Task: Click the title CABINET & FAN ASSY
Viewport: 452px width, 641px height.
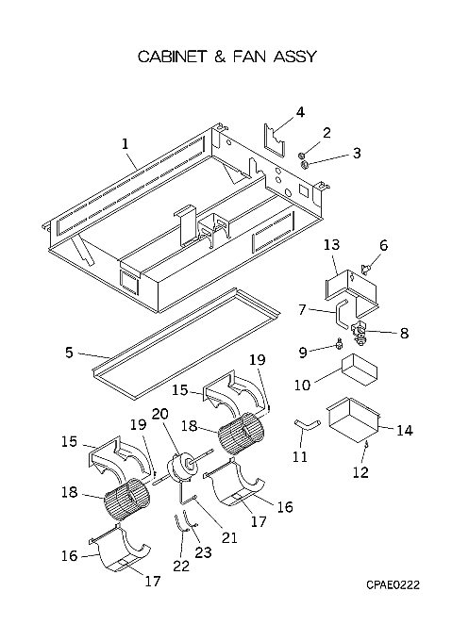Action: [x=227, y=57]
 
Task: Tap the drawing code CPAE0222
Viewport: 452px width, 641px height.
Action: [x=393, y=585]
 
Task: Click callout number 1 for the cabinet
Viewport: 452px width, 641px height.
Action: [x=125, y=144]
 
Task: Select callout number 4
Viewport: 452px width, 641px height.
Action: [x=300, y=112]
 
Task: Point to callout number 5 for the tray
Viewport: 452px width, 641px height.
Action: [x=69, y=352]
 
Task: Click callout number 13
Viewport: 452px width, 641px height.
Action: [x=332, y=245]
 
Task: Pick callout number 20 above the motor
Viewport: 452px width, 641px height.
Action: [x=159, y=414]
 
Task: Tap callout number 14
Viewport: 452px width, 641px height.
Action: [x=405, y=430]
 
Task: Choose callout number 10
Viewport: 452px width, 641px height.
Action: [x=303, y=385]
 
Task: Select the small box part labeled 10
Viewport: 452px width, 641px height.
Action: [x=360, y=370]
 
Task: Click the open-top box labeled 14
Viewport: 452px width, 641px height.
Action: [x=354, y=423]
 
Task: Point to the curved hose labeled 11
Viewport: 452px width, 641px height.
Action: [x=308, y=425]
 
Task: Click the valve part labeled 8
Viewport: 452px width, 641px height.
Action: [x=360, y=332]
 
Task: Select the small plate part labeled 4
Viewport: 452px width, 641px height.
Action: [x=274, y=140]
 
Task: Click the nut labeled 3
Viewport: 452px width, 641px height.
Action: [x=304, y=165]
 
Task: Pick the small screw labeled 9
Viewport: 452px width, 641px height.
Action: [x=339, y=345]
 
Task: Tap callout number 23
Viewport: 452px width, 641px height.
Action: [x=203, y=552]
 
